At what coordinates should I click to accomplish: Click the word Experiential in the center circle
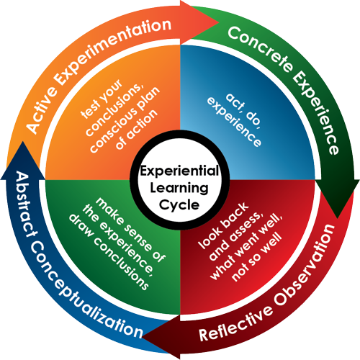coord(179,171)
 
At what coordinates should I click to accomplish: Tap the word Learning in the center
coord(179,188)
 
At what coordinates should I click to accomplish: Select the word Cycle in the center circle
coord(179,205)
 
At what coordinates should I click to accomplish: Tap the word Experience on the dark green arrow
coord(316,113)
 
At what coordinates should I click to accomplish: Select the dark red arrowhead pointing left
coord(161,337)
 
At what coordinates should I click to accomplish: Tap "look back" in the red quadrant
coord(223,225)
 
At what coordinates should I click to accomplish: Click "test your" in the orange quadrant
coord(102,99)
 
